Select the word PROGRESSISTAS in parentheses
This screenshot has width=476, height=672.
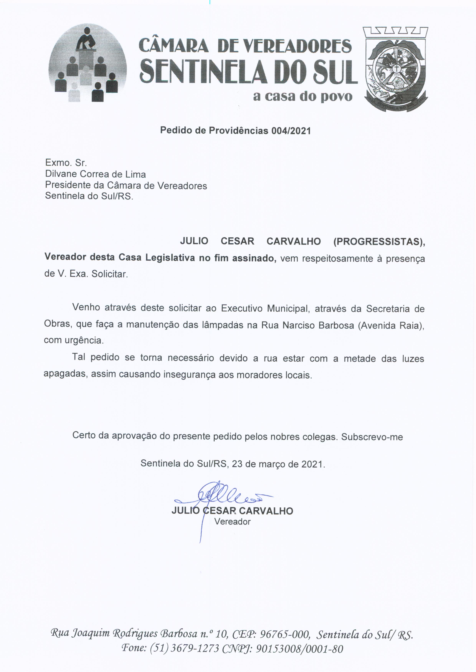click(x=379, y=241)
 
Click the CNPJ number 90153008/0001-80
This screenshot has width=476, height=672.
click(x=299, y=649)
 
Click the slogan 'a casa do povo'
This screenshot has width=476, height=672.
click(x=302, y=96)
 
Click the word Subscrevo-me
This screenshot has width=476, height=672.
click(x=372, y=437)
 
